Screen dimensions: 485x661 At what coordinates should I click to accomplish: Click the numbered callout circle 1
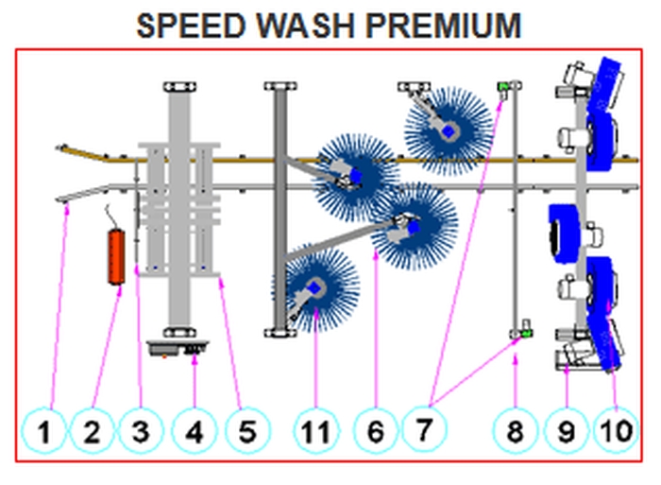(x=44, y=433)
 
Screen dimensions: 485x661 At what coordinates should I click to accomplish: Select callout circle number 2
(x=93, y=433)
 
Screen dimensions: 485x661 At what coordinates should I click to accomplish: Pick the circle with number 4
(x=194, y=433)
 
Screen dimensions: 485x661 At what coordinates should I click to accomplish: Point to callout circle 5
(x=246, y=433)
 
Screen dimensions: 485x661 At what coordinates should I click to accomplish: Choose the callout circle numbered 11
(x=317, y=433)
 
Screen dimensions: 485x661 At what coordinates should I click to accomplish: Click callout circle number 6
(x=375, y=433)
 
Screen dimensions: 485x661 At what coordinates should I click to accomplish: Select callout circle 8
(x=516, y=433)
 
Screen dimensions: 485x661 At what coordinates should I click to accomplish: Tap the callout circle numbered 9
(x=565, y=433)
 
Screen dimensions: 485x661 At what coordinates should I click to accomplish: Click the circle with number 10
(x=615, y=433)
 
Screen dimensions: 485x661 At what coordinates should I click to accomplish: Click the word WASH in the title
(x=307, y=26)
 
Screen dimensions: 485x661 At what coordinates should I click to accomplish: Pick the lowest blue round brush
(x=315, y=286)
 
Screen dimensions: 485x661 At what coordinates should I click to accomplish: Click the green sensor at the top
(x=505, y=89)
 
